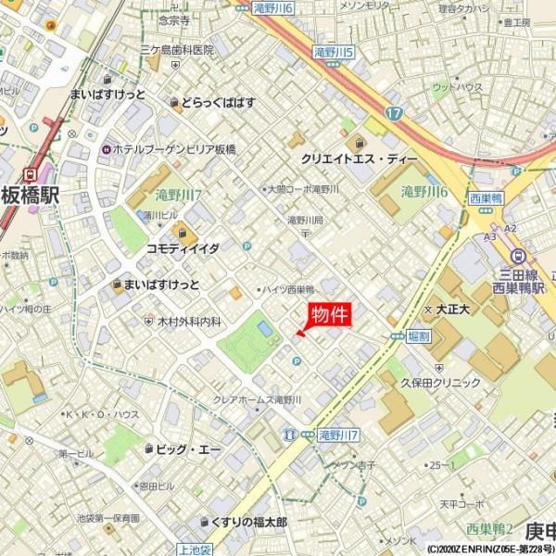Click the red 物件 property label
pyautogui.click(x=329, y=314)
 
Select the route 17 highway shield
pyautogui.click(x=396, y=113)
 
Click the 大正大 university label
pyautogui.click(x=454, y=308)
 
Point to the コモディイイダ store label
pyautogui.click(x=183, y=248)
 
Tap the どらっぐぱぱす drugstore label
pyautogui.click(x=218, y=102)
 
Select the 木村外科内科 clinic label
pyautogui.click(x=189, y=321)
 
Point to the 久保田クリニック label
pyautogui.click(x=440, y=382)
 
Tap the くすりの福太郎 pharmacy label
pyautogui.click(x=248, y=523)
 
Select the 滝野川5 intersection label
pyautogui.click(x=335, y=53)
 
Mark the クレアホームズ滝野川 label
pyautogui.click(x=258, y=398)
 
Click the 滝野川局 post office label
pyautogui.click(x=304, y=221)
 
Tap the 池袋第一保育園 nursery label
pyautogui.click(x=107, y=518)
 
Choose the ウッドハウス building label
pyautogui.click(x=457, y=87)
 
